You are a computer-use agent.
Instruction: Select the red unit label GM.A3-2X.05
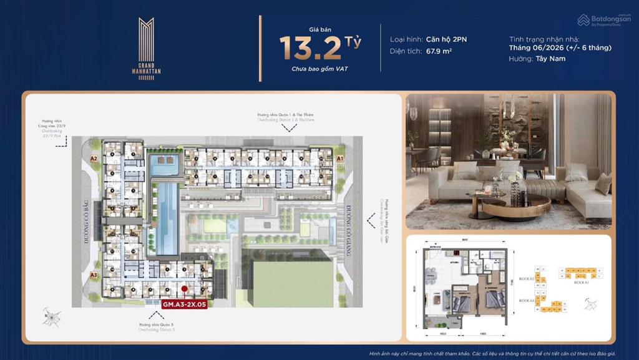pos(185,305)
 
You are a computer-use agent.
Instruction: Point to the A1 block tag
pos(341,159)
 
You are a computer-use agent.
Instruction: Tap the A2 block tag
pos(94,159)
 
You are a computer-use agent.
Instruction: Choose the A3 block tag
pos(94,275)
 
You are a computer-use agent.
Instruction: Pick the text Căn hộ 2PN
pos(446,39)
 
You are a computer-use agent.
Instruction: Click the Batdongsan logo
pos(604,20)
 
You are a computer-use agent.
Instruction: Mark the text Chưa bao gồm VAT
pos(319,69)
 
